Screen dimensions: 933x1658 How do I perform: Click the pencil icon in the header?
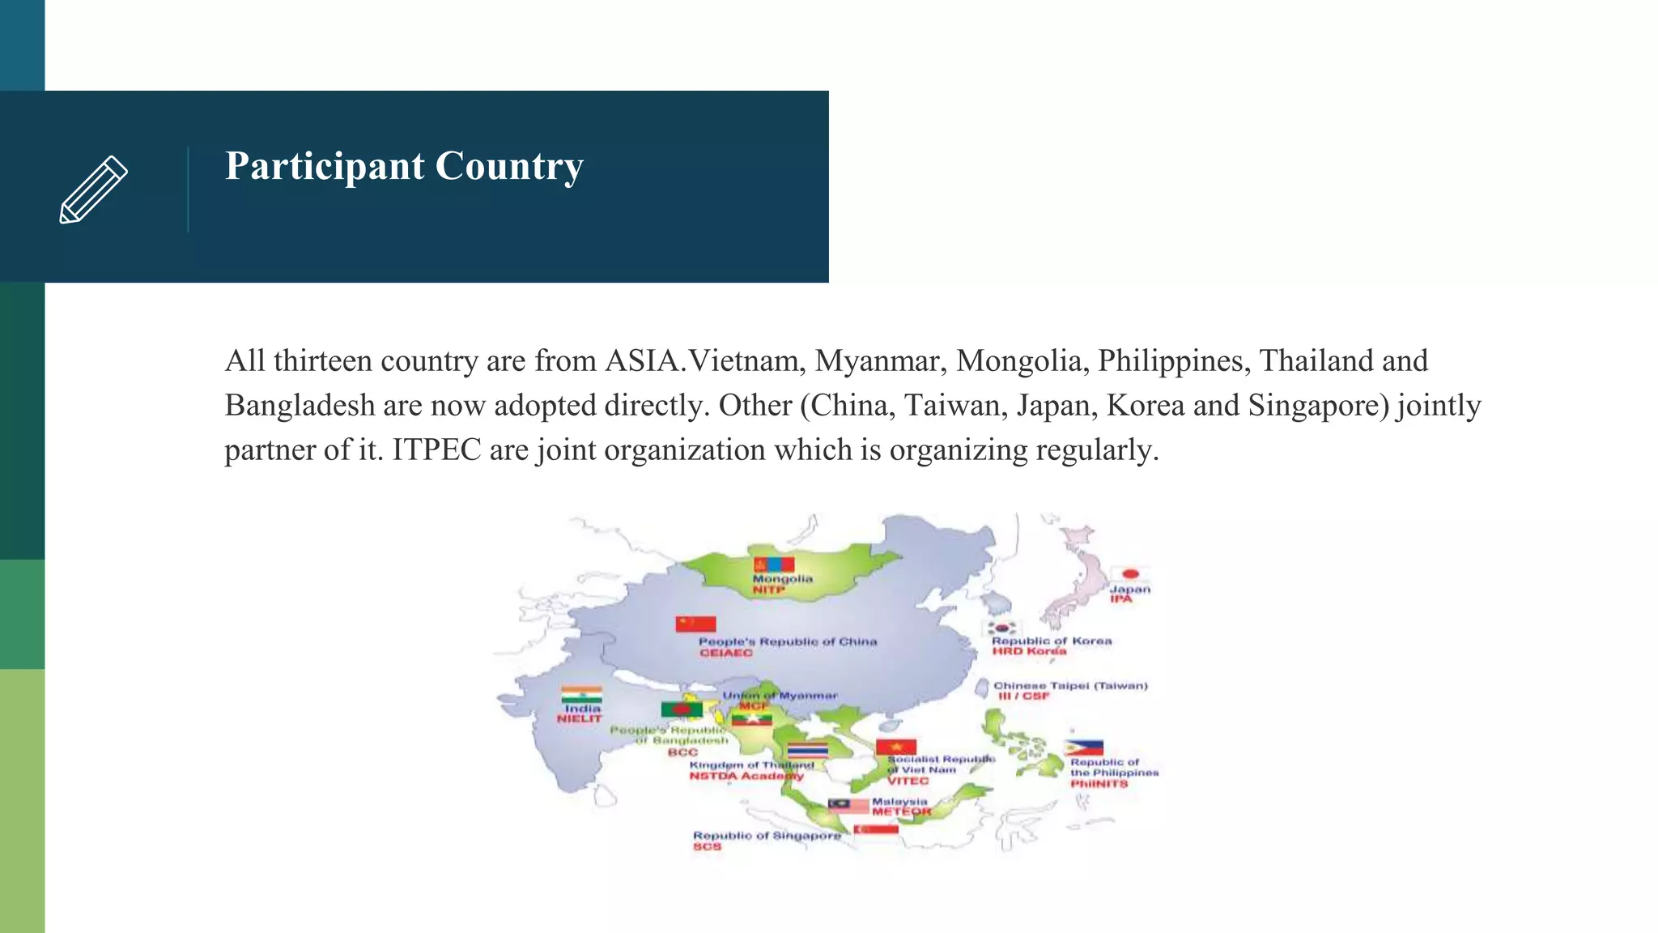coord(94,189)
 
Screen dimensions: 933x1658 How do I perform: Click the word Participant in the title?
coord(324,166)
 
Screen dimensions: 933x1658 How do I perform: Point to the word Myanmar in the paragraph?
coord(880,360)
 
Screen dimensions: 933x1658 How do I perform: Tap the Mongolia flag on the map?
coord(774,564)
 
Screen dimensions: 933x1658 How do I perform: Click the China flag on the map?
coord(696,624)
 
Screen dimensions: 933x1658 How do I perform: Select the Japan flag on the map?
coord(1130,574)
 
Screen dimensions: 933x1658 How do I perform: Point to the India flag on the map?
coord(581,695)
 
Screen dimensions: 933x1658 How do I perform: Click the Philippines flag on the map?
coord(1084,748)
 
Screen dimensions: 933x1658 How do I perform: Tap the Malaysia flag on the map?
coord(848,805)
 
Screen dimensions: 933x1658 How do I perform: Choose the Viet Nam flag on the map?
coord(896,747)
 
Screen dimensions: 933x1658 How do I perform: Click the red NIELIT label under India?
coord(580,718)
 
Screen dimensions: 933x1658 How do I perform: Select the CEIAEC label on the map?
coord(726,653)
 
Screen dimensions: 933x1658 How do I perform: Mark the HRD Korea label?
coord(1029,651)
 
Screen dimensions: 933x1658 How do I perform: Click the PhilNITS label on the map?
coord(1099,784)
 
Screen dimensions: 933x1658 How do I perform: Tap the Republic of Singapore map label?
coord(767,835)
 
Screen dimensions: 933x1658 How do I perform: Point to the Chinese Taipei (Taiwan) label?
coord(1070,685)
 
